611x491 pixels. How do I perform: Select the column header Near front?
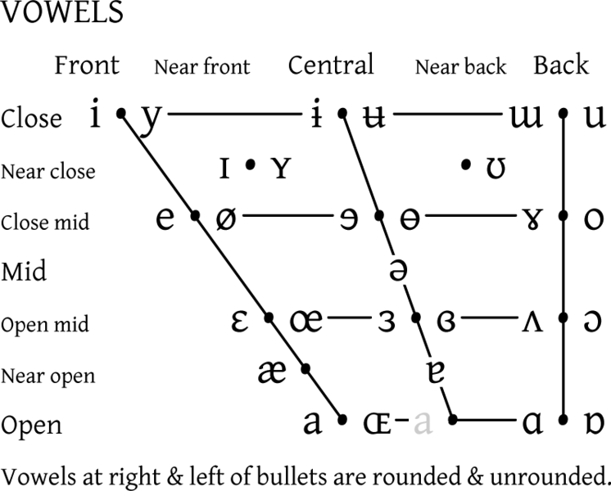[x=201, y=67]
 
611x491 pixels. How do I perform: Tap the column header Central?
[x=330, y=65]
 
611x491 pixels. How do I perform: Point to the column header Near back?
[x=460, y=67]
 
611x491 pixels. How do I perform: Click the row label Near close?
[x=48, y=172]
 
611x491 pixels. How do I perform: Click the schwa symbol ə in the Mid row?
[x=398, y=269]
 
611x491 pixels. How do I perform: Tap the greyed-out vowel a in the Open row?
[x=423, y=422]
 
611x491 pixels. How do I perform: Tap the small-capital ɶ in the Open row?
[x=378, y=422]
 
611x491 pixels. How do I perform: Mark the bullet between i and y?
[x=121, y=115]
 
